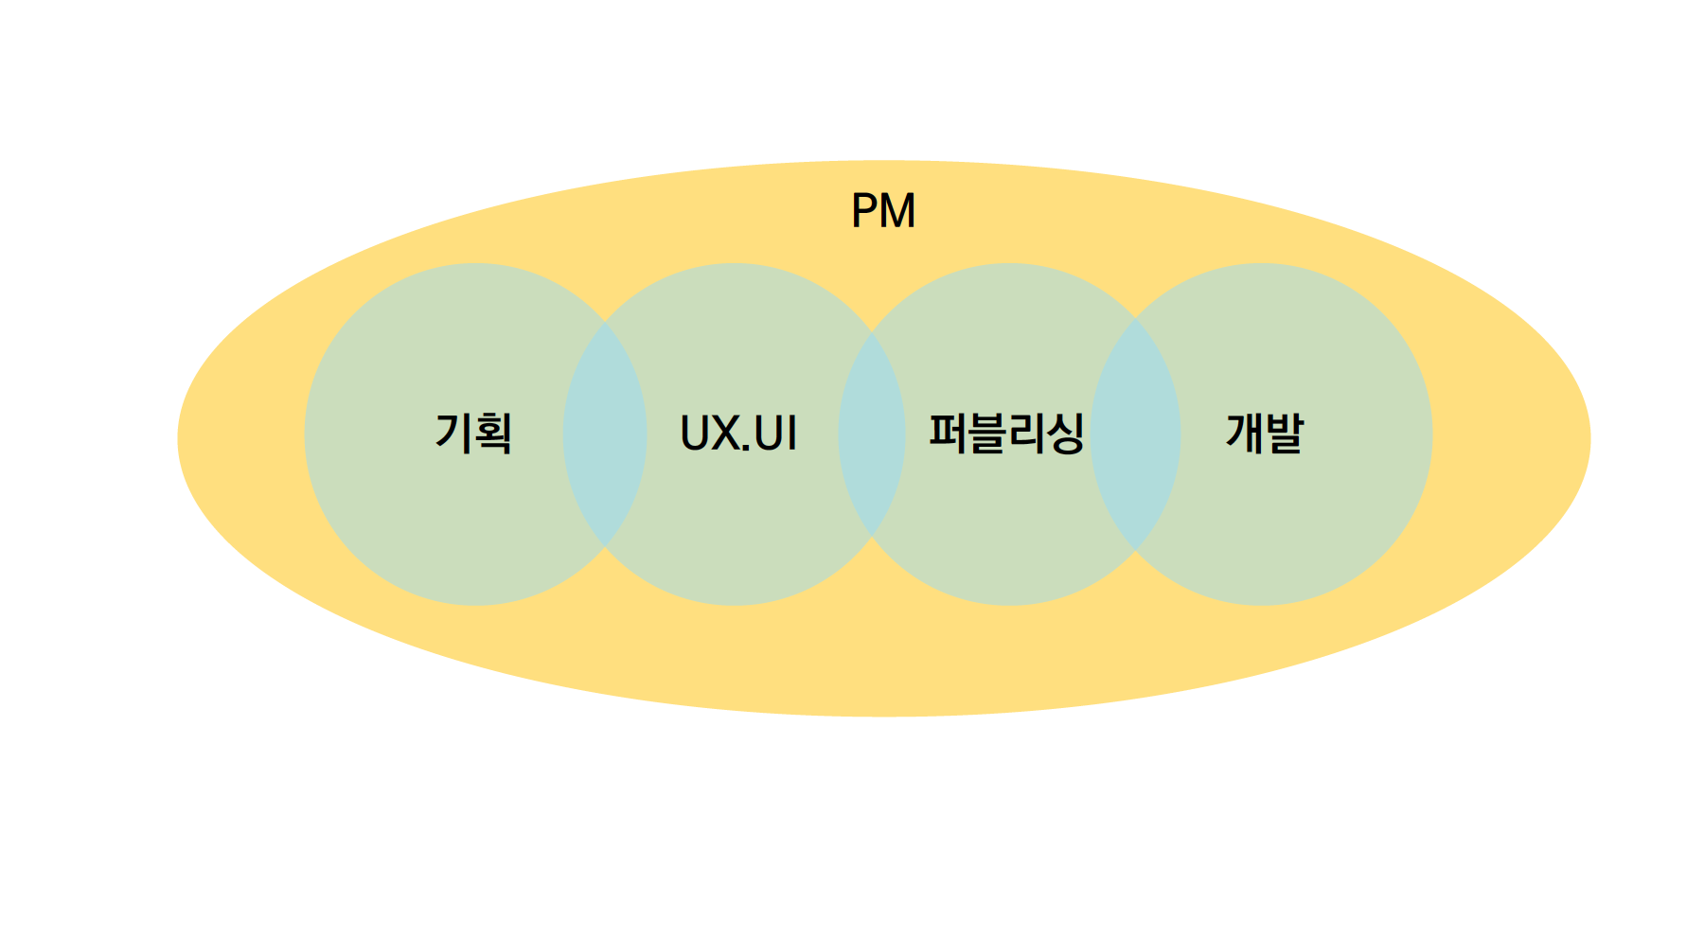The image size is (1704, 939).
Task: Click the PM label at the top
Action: click(x=883, y=210)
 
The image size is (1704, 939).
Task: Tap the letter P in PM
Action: click(x=866, y=210)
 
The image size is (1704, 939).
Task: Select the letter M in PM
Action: click(x=897, y=210)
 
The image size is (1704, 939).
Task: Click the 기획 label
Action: click(x=473, y=434)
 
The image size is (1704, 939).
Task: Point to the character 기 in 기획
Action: click(x=453, y=434)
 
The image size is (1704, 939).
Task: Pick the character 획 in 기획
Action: click(x=493, y=434)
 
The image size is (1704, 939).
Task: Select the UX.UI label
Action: click(x=738, y=434)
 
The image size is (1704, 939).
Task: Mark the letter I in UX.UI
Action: click(x=791, y=434)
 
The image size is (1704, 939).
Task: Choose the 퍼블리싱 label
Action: click(x=1006, y=434)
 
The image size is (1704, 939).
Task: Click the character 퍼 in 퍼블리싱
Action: click(x=947, y=434)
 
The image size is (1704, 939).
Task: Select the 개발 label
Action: click(x=1265, y=434)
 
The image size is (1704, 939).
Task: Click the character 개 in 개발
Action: click(x=1245, y=434)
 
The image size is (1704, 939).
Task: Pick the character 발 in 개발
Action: click(x=1285, y=434)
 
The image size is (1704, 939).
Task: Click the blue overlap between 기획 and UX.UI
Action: click(x=605, y=434)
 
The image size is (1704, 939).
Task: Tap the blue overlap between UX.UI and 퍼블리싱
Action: click(x=872, y=434)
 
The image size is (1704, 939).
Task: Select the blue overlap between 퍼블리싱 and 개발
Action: click(x=1135, y=434)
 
